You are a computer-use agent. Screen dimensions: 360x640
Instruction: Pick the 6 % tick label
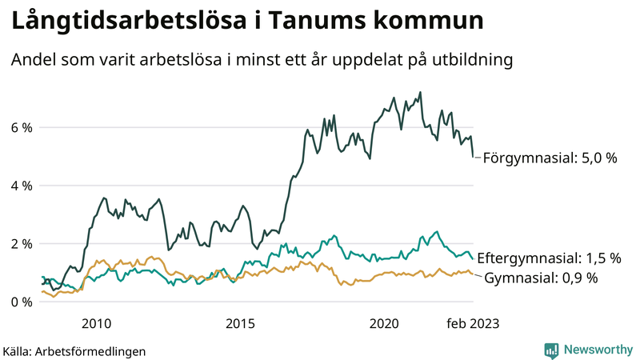(21, 128)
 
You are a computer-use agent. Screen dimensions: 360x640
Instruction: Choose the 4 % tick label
(21, 186)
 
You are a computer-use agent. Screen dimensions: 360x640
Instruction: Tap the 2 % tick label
(21, 244)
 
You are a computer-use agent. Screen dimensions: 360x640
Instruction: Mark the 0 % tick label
(21, 302)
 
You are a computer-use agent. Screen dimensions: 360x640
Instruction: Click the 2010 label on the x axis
(97, 323)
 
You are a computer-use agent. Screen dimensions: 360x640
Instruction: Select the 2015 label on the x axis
(240, 323)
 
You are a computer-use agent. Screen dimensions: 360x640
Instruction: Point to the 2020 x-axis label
(384, 323)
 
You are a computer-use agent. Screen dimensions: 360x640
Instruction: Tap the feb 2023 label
(473, 323)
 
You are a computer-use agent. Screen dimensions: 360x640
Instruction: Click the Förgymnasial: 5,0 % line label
(550, 158)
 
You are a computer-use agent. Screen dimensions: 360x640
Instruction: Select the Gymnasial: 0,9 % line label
(542, 278)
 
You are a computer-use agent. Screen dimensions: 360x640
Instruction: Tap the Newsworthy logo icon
(551, 350)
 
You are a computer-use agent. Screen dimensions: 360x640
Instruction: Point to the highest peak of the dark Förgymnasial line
(421, 92)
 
